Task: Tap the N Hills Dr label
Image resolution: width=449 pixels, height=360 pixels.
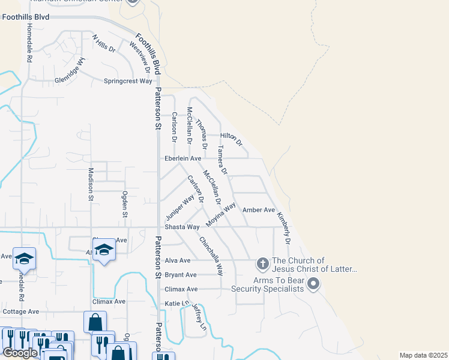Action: pos(103,43)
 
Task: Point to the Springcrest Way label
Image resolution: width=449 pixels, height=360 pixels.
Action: pos(128,81)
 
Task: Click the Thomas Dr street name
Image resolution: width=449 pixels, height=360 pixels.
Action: pos(201,130)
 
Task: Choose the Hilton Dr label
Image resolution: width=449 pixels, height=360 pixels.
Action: pos(231,139)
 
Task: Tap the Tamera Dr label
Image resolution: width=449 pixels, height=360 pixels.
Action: pos(222,160)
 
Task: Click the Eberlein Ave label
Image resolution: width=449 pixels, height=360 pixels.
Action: pos(183,158)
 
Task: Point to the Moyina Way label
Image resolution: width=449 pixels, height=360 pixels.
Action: pos(221,215)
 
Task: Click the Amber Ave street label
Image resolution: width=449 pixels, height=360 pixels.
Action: pos(259,210)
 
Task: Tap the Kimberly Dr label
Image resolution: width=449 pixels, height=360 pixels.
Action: pos(283,228)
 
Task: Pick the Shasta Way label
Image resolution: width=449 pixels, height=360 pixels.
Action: pos(182,227)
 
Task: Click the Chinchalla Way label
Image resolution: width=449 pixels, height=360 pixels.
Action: pos(211,256)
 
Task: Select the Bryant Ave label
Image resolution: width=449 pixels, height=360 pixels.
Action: pos(181,275)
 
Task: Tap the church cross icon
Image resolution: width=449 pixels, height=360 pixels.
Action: pos(262,263)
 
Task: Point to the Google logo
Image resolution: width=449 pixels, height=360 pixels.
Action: pos(20,353)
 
